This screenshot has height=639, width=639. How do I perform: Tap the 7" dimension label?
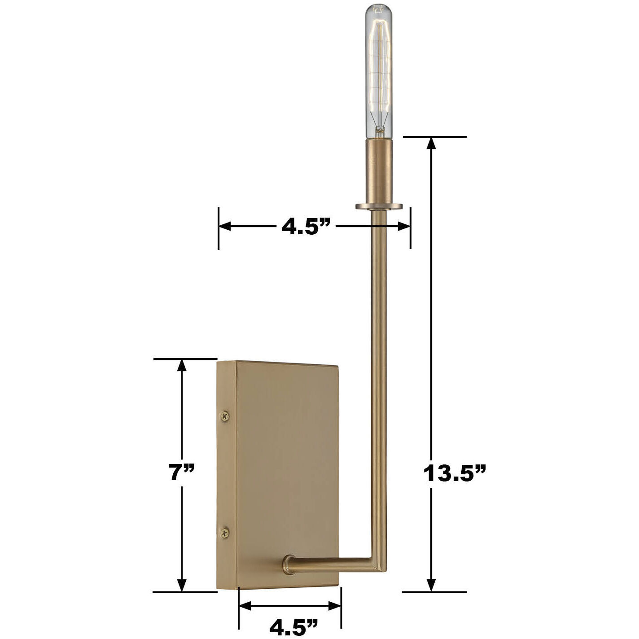[182, 473]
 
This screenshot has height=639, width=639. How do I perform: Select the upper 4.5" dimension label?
[306, 227]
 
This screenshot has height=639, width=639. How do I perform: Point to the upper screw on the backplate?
[225, 416]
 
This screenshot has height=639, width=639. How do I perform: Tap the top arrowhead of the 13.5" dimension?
[431, 143]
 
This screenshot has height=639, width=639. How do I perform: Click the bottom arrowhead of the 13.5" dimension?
[431, 585]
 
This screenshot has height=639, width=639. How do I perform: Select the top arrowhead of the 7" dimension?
[182, 365]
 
